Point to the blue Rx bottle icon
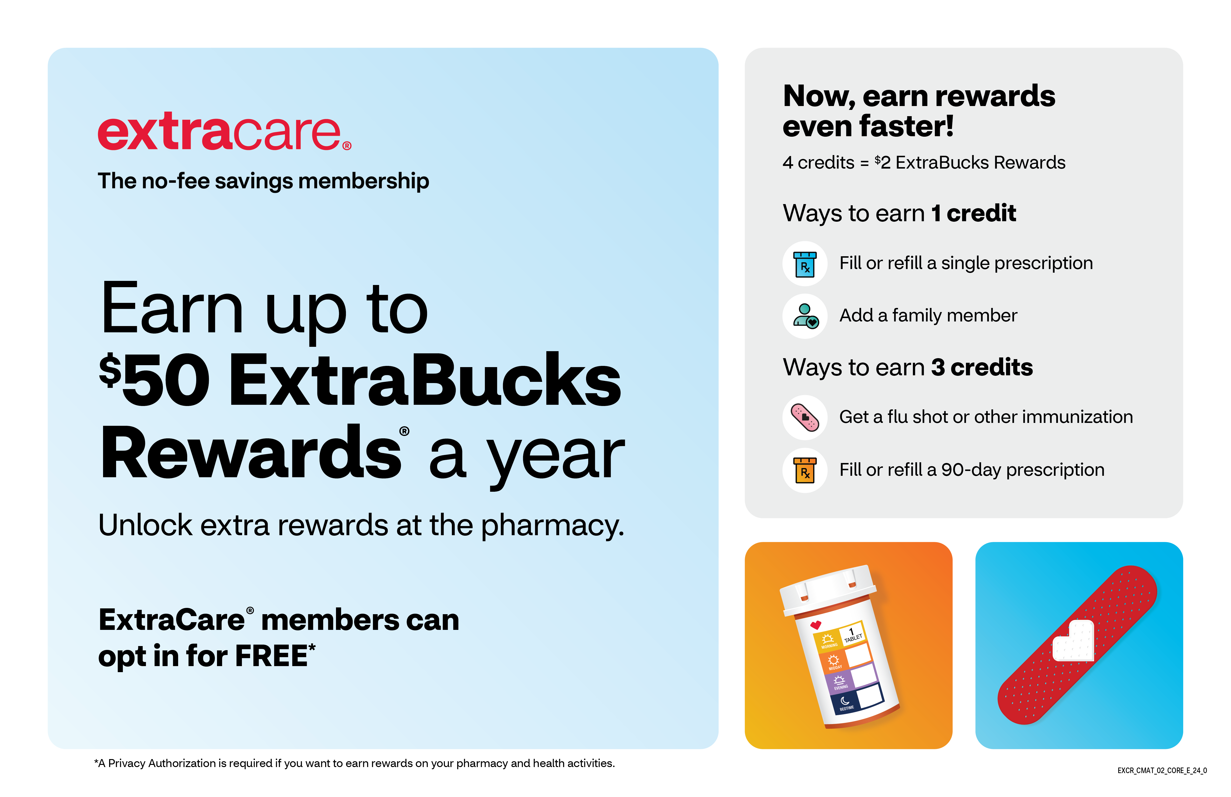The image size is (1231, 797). (805, 264)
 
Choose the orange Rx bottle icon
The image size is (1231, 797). (805, 470)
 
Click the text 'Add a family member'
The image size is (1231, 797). (928, 315)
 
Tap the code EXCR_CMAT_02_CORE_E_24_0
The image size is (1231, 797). (1162, 771)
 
